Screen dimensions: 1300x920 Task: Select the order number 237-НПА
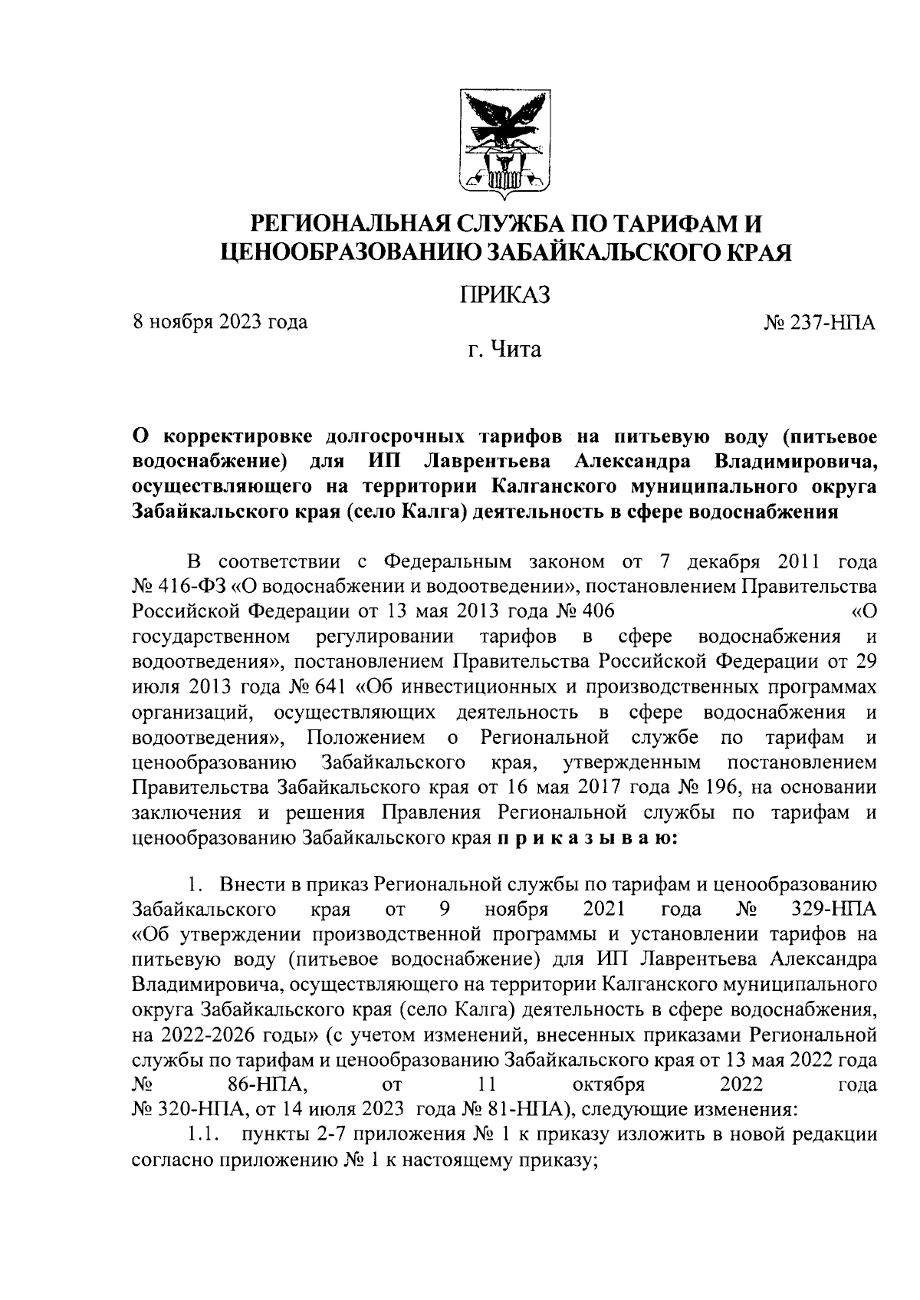coord(833,322)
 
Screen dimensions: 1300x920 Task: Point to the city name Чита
coord(515,351)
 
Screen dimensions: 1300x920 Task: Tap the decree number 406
coord(597,612)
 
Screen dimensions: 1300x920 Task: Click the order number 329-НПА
coord(833,910)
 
